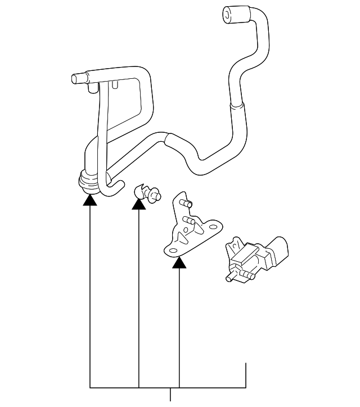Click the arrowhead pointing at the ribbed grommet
tap(90, 198)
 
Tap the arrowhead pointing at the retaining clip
tap(138, 203)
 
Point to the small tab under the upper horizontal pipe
tap(115, 85)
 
